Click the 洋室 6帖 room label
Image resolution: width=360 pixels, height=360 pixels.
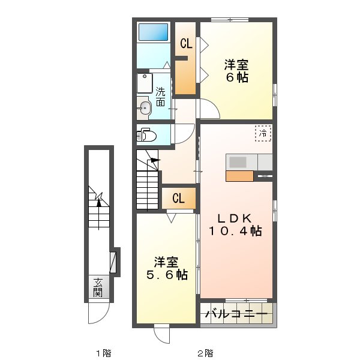click(x=237, y=70)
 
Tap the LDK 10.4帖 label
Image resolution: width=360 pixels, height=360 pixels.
click(x=235, y=224)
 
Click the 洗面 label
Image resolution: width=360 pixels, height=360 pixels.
click(x=161, y=97)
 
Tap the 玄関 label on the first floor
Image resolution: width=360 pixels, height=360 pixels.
click(x=97, y=289)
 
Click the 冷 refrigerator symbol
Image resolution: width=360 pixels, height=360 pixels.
click(x=263, y=133)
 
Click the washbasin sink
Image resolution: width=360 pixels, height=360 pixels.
click(x=145, y=108)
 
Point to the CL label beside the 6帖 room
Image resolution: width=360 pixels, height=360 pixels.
click(x=186, y=43)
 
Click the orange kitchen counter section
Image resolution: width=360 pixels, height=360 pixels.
click(x=239, y=176)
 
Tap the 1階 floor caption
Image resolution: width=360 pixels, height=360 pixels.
click(x=103, y=353)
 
